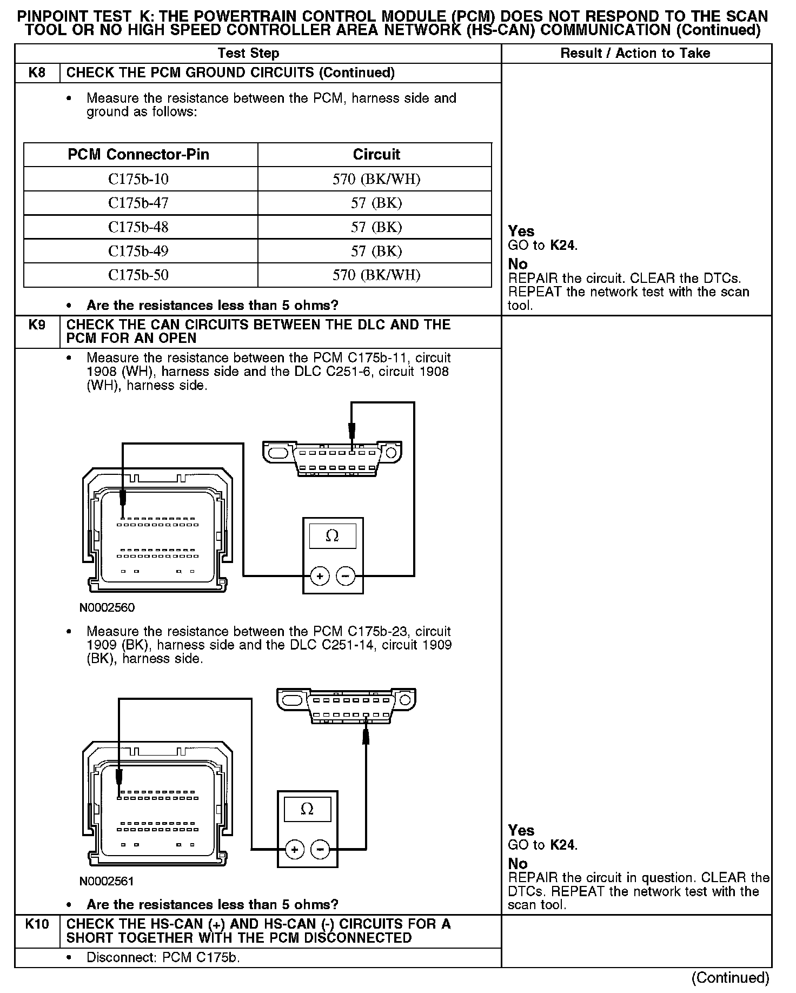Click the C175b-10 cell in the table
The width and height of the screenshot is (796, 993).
coord(138,179)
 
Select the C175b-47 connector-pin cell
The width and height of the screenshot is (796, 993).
coord(138,203)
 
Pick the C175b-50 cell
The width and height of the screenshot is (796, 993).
coord(138,275)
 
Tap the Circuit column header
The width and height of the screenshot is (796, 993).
coord(376,155)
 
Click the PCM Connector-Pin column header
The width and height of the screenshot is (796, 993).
coord(138,155)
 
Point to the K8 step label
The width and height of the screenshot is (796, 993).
coord(37,72)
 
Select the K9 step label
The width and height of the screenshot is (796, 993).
coord(37,325)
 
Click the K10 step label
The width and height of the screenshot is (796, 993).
coord(37,924)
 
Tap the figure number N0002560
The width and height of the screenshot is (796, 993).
coord(107,607)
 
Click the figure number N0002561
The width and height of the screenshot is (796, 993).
coord(107,881)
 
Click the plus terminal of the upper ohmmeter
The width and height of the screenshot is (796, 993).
coord(320,576)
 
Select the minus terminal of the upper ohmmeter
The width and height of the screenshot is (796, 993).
coord(346,576)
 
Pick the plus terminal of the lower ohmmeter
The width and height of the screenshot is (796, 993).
coord(295,850)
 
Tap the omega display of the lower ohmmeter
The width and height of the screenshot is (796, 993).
coord(307,809)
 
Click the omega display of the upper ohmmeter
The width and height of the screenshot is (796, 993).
coord(333,536)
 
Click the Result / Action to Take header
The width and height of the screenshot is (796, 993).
coord(635,53)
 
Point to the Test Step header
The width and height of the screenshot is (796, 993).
coord(249,53)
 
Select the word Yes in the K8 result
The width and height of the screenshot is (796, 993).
coord(521,231)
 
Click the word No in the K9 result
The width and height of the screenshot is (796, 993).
coord(518,863)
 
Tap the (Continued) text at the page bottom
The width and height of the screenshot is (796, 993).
coord(730,977)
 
